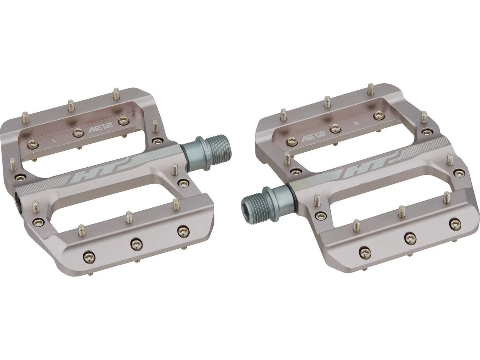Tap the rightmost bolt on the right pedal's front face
pos(456,224)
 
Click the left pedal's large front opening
pos(109,202)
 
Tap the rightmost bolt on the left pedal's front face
pos(183,231)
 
